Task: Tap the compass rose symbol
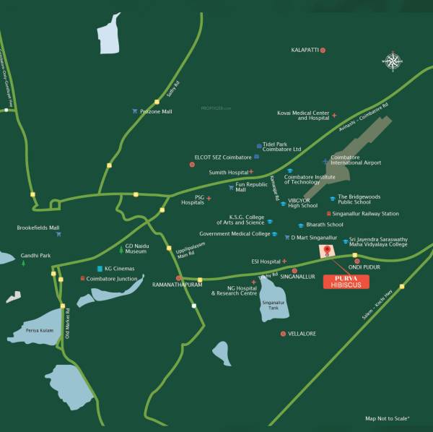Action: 393,61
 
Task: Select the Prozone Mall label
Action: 157,112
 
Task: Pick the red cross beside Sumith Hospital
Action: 251,173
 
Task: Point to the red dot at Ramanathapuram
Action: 178,278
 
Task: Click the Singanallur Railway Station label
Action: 367,214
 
